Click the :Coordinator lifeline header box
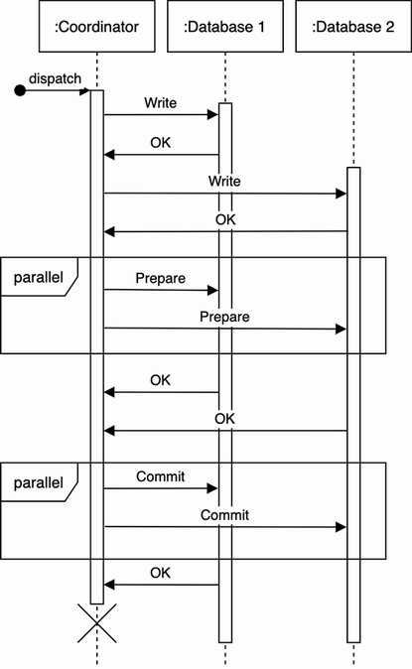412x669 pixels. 96,27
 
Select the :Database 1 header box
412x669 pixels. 224,27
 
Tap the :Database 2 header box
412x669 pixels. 353,27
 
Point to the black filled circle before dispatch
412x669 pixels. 19,91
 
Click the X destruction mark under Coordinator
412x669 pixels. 97,623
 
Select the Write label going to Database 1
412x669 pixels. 161,102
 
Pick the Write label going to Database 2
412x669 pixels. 224,182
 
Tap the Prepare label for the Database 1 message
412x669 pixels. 160,278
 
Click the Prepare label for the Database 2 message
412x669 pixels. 224,317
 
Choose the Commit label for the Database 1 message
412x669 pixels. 160,476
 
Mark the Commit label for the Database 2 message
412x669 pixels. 224,515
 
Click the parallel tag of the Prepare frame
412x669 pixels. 39,278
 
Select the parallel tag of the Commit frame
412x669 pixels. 39,483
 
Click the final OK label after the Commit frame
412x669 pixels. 160,573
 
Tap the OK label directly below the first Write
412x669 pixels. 160,142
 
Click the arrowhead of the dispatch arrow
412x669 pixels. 85,91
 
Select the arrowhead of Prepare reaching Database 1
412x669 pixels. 212,290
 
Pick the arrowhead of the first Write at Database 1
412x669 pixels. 212,115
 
